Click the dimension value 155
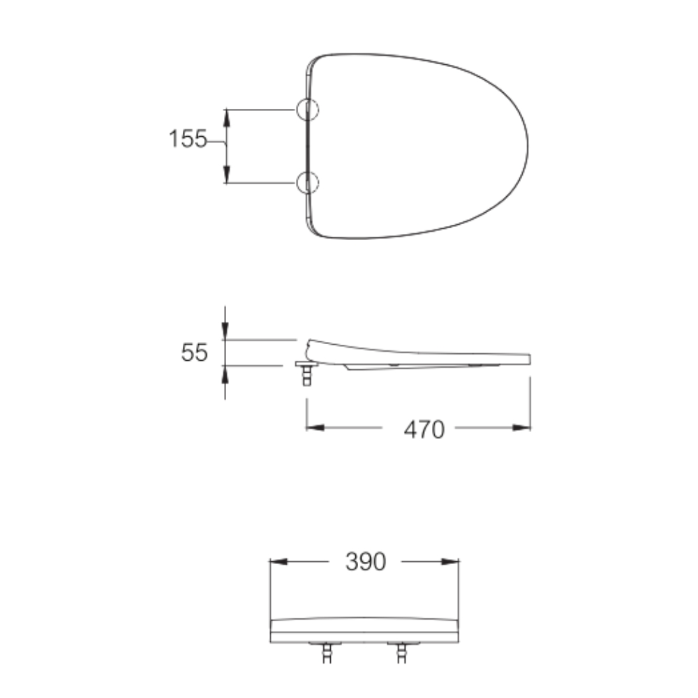coord(188,140)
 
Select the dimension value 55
coord(194,352)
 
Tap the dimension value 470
coord(424,429)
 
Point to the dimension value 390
coord(365,561)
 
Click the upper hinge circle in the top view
coord(307,110)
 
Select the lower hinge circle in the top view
coord(307,182)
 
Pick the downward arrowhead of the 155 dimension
coord(226,175)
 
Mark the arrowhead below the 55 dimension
coord(225,374)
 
